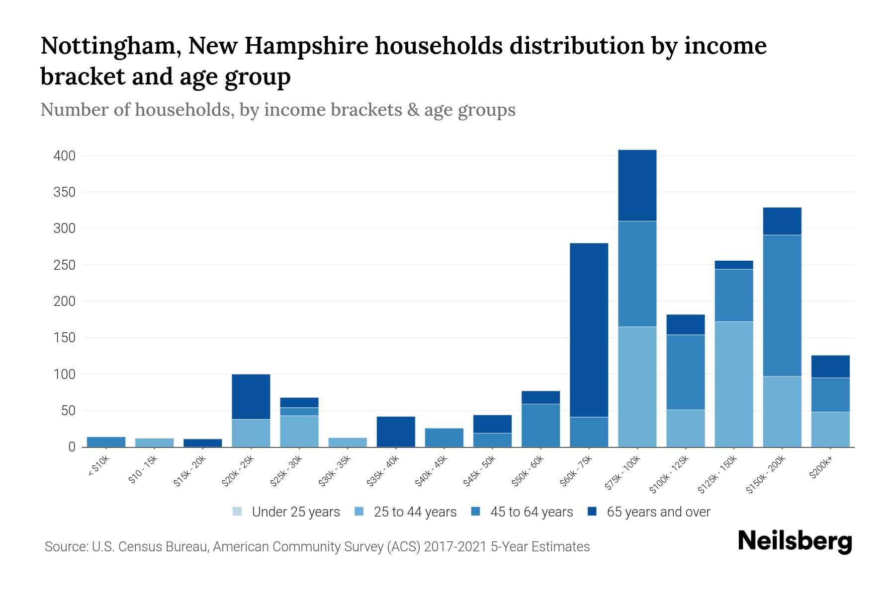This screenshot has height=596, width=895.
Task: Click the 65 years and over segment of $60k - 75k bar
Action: (x=589, y=330)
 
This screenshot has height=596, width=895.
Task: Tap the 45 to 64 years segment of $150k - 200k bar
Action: (x=782, y=305)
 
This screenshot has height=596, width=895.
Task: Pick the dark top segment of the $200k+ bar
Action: (x=830, y=367)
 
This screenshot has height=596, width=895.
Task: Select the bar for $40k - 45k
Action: (x=444, y=437)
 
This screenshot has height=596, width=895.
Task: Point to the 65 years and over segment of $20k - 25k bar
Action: (x=251, y=396)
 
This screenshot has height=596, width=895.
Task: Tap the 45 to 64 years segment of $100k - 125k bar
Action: (x=685, y=372)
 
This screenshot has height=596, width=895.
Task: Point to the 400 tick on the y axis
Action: (x=65, y=156)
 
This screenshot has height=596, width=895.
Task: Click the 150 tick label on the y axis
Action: (x=65, y=338)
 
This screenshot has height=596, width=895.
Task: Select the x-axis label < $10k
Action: (x=98, y=467)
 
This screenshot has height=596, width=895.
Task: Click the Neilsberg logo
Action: (x=795, y=541)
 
